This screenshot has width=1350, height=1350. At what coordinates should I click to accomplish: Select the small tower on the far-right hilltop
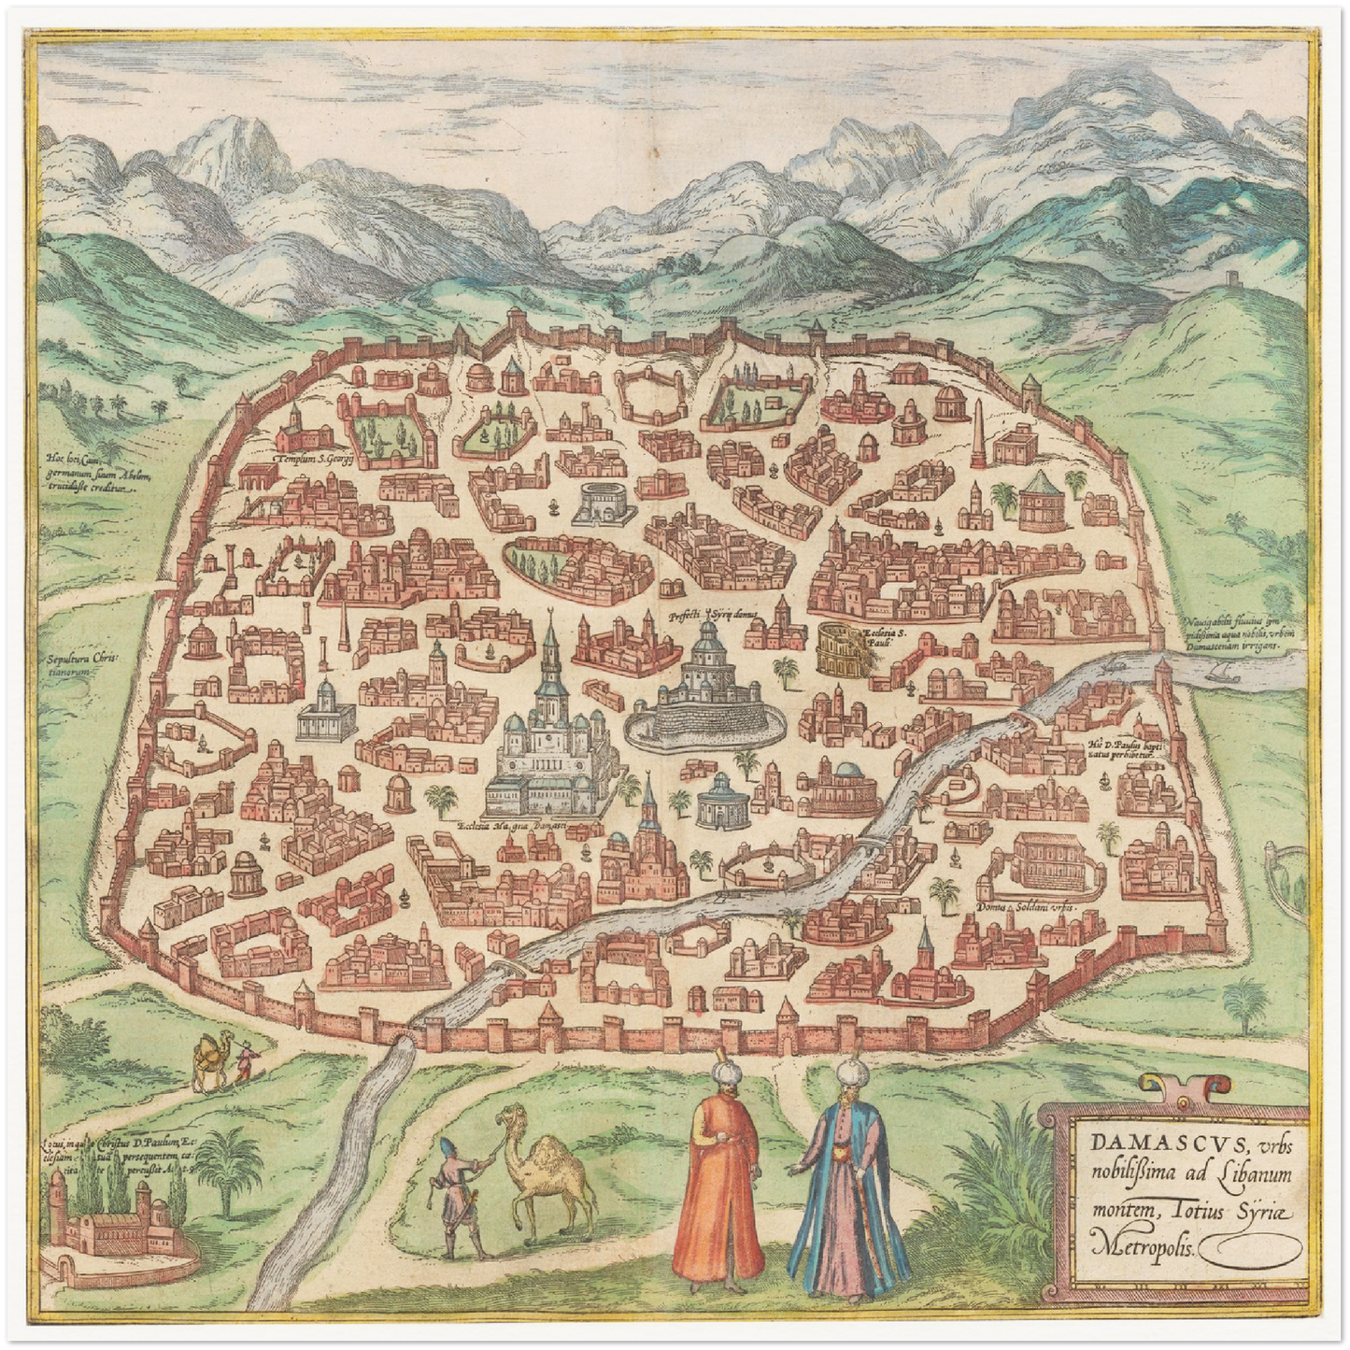[x=1232, y=280]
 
